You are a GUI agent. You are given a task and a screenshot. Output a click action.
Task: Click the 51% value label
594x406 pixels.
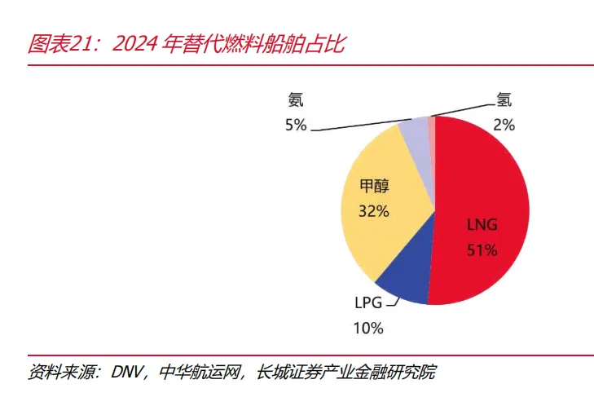point(482,250)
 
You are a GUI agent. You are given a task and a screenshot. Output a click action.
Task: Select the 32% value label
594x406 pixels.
point(374,211)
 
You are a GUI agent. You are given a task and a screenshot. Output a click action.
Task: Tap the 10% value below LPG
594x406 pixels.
point(368,328)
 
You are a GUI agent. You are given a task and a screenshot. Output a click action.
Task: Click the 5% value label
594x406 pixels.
point(296,125)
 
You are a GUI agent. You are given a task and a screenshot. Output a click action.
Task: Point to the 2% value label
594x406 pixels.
point(504,125)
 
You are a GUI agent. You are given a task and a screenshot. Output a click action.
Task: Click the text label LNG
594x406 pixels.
point(482,225)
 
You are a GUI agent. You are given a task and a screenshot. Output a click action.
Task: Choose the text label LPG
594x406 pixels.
point(368,303)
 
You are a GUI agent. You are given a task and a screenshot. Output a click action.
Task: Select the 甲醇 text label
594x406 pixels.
point(374,186)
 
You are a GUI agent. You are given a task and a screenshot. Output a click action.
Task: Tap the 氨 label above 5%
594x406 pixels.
point(296,99)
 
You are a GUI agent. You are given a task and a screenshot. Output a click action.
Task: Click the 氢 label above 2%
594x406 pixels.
point(504,99)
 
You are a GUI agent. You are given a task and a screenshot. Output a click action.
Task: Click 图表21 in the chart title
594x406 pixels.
point(59,43)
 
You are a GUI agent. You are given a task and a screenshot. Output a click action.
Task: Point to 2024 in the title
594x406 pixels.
point(134,44)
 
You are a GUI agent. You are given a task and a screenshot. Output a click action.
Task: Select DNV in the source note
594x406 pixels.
point(126,373)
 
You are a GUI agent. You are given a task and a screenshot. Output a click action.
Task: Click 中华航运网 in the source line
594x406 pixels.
point(200,373)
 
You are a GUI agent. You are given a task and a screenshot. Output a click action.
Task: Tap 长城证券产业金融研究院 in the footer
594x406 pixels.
point(345,373)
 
